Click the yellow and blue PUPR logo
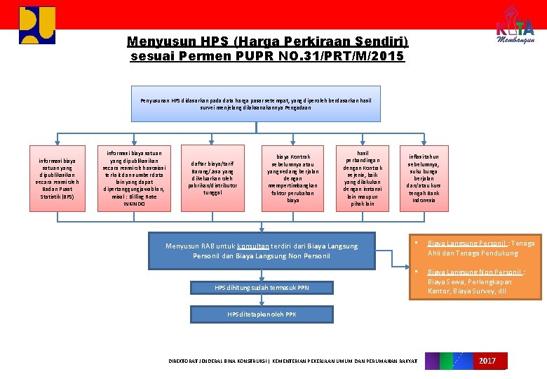pos(37,25)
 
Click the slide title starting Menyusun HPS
pos(267,48)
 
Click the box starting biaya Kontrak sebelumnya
pos(292,179)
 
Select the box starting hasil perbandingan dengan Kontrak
pos(363,178)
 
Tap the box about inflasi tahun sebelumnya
pos(424,178)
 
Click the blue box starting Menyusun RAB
pos(261,251)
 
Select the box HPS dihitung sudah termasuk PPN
pos(261,288)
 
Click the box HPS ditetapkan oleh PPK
pos(262,314)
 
